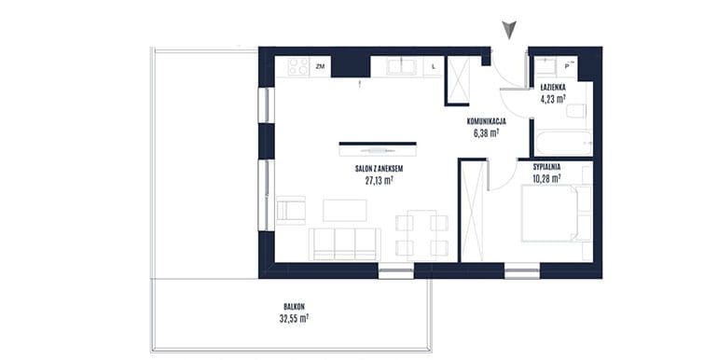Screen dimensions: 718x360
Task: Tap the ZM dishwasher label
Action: tap(320, 67)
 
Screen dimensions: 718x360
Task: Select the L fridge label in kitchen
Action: tap(434, 67)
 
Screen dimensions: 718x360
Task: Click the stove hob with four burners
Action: tap(298, 67)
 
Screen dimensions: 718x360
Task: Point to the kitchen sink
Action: tap(401, 66)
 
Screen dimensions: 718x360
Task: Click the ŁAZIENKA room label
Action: tap(552, 87)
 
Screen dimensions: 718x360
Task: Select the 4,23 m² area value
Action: tap(552, 98)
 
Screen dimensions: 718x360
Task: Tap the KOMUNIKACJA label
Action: tap(486, 122)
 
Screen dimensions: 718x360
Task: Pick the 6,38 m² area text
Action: tap(486, 132)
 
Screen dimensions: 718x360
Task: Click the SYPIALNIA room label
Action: tap(546, 167)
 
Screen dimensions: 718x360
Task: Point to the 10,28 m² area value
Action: tap(546, 179)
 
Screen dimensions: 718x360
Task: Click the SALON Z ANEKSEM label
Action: tap(380, 169)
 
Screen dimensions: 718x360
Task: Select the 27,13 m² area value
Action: tap(380, 180)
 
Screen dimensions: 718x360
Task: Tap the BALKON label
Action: tap(294, 307)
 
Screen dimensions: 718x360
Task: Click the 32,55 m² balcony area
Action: tap(294, 318)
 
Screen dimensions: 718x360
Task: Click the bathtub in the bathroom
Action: tap(564, 144)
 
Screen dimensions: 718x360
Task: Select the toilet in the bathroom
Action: tap(576, 111)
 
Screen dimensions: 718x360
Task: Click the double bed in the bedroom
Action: tap(557, 213)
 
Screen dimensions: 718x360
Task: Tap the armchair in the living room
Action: tap(291, 210)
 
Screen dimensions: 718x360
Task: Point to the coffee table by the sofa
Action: tap(345, 210)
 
